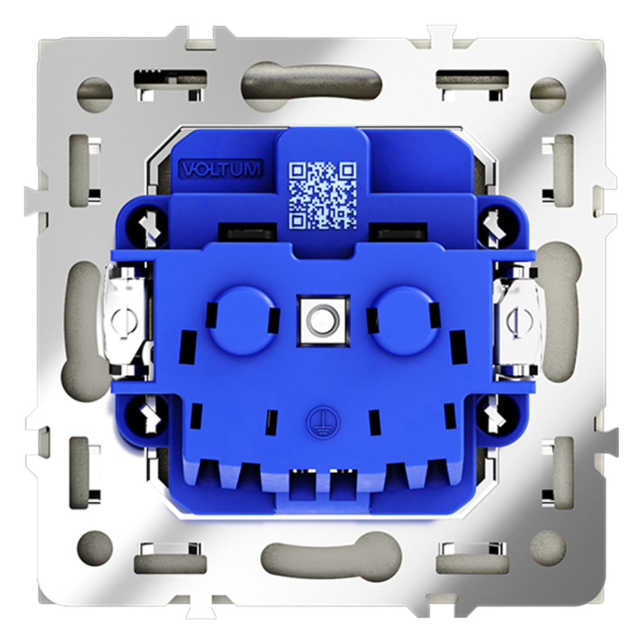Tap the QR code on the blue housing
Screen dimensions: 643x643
pos(323,195)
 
